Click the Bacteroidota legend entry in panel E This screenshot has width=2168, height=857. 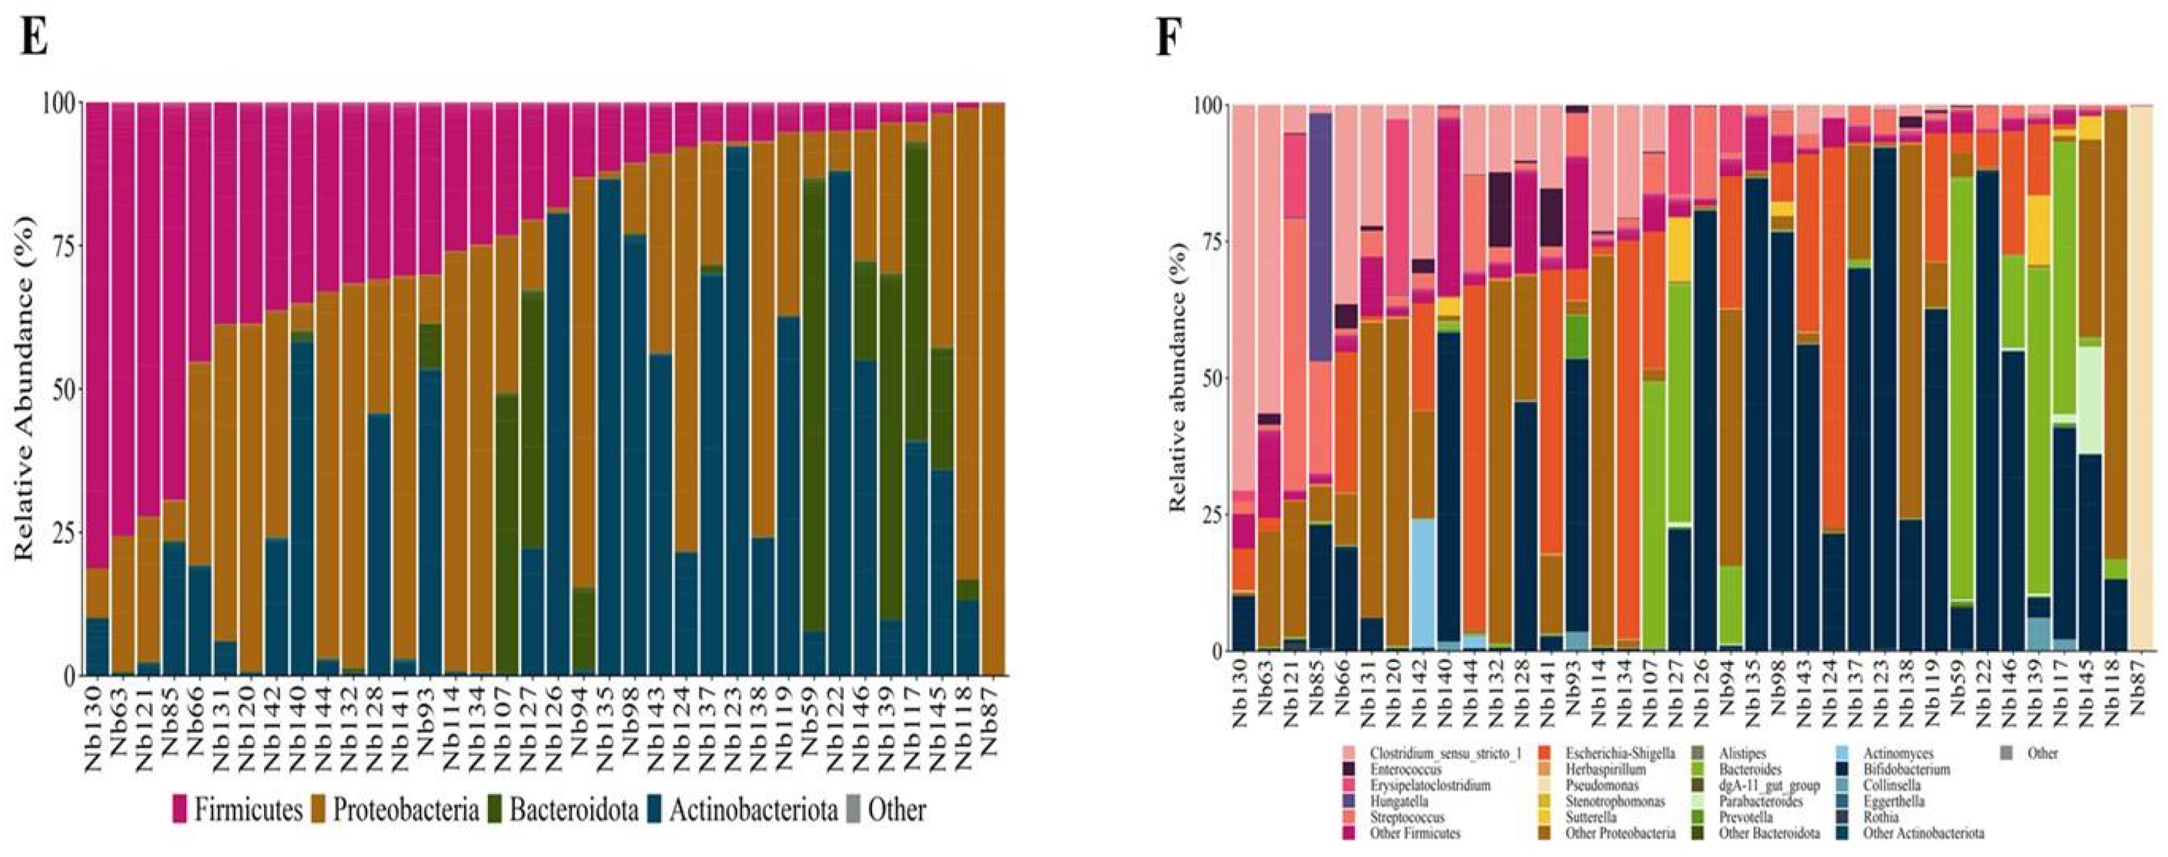[561, 810]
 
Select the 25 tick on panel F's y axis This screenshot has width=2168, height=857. [1208, 515]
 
